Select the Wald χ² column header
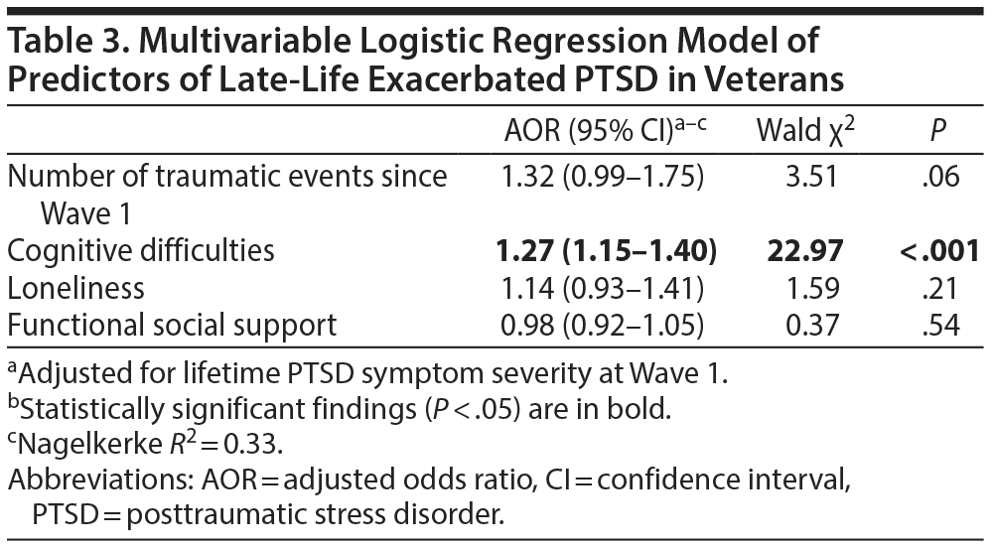(x=804, y=131)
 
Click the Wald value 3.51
(x=805, y=178)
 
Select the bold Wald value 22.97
(x=805, y=251)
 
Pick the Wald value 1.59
(x=805, y=288)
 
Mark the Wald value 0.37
(x=805, y=324)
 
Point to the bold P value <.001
(x=939, y=251)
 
